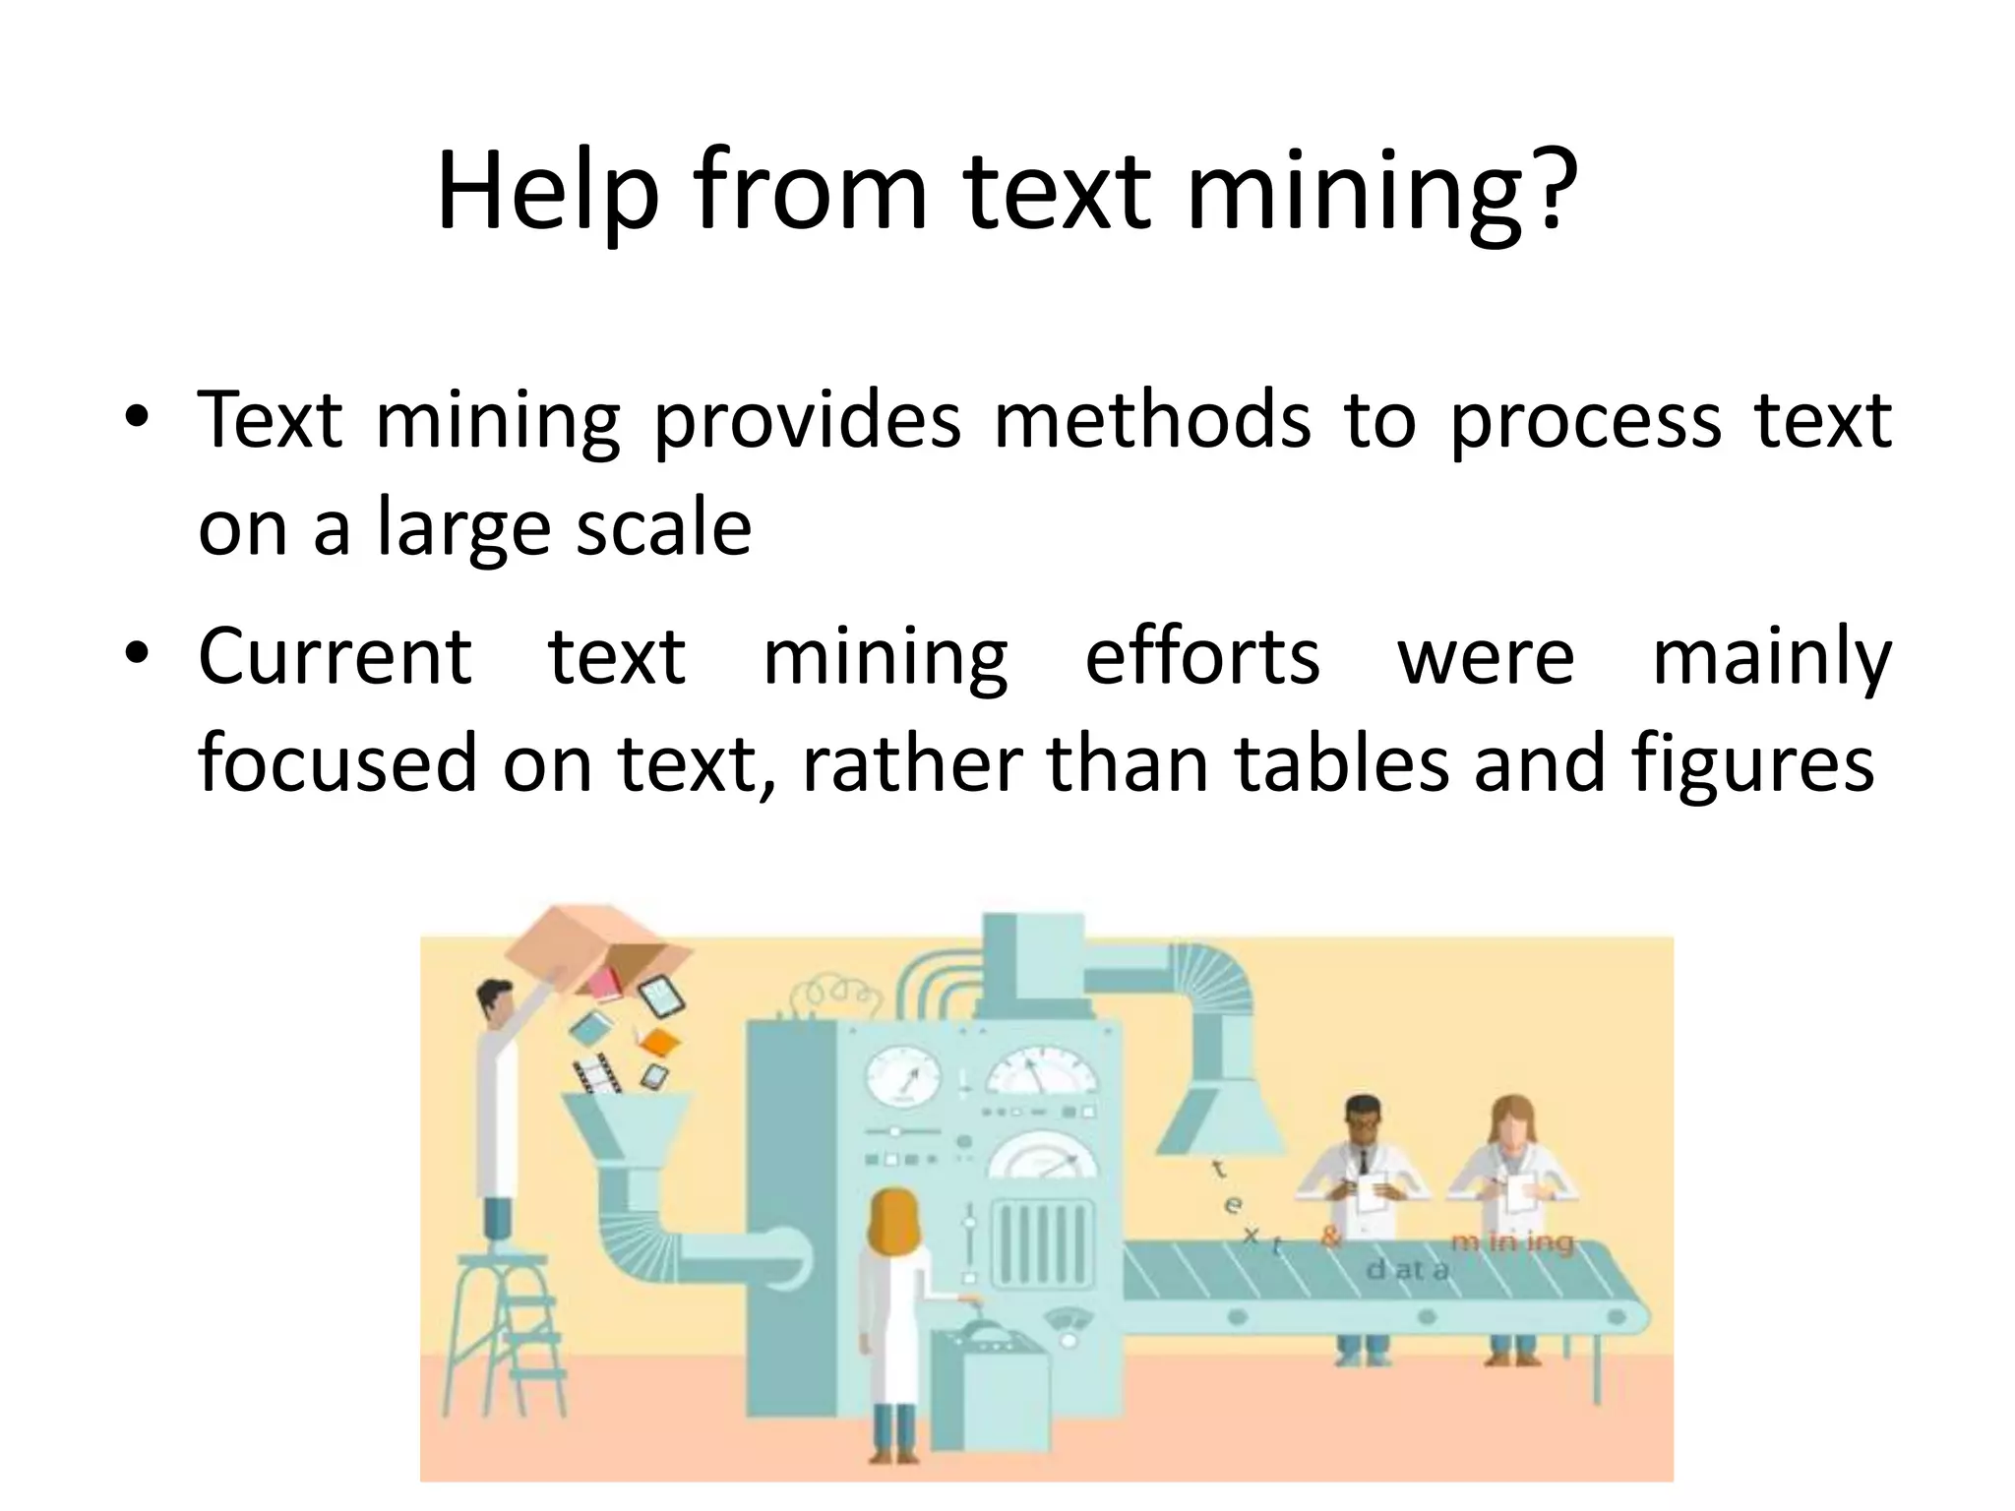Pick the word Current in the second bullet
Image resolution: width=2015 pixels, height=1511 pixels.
tap(335, 656)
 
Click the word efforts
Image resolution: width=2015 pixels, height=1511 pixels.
tap(1201, 656)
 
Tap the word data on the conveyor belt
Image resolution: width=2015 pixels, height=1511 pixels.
tap(1408, 1270)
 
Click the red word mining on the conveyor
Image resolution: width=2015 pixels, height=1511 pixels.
tap(1512, 1243)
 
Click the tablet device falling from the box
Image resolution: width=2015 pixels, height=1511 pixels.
tap(660, 998)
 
